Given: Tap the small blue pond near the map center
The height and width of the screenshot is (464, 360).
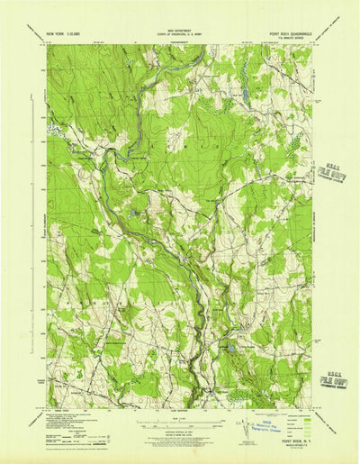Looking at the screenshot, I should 133,214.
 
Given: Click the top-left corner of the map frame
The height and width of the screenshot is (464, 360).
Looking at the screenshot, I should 48,45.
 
